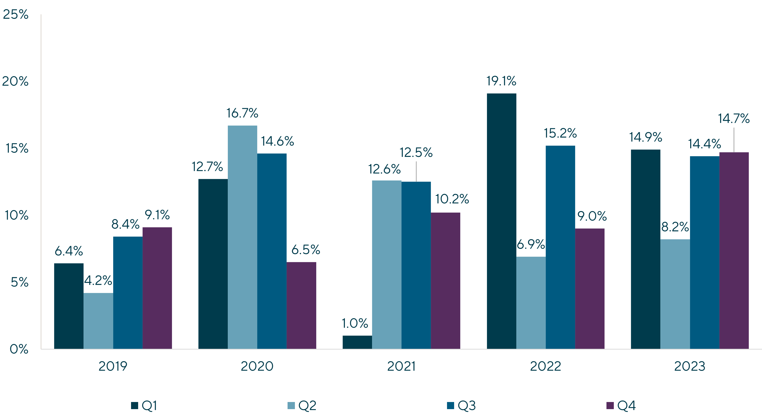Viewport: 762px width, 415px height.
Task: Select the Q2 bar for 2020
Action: pos(242,237)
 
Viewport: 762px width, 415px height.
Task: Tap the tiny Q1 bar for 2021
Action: pos(357,342)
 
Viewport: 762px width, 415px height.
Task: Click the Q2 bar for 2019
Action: pos(98,321)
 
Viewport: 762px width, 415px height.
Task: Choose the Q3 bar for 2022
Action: pos(560,247)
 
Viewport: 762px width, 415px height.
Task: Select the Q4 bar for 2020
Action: pos(302,305)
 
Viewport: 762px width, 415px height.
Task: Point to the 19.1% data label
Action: pos(501,81)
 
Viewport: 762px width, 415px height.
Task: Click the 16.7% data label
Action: pos(242,113)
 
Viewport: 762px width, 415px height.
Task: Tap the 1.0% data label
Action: pos(354,323)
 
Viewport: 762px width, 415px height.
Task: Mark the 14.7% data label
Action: pos(734,119)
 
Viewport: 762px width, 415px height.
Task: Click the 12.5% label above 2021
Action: pos(416,153)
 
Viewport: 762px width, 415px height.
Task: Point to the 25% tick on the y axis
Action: pos(15,14)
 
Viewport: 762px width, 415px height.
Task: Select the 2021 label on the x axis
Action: pos(401,366)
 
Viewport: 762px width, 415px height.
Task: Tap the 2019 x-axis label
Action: pos(113,366)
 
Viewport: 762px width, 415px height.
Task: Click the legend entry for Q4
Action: pos(621,405)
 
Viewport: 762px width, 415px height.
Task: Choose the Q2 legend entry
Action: pos(302,405)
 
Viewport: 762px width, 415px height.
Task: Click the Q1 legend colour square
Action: pos(134,405)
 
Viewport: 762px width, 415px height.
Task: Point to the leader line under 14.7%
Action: pos(734,140)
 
